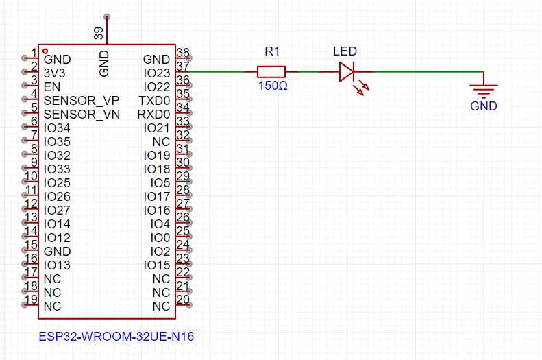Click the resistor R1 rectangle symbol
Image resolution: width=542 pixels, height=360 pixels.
(x=271, y=72)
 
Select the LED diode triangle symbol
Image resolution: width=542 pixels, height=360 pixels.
(x=346, y=72)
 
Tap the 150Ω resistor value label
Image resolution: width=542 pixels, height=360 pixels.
(x=273, y=86)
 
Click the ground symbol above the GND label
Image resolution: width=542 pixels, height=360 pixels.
(x=484, y=89)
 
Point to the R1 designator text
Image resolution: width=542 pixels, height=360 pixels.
(x=272, y=51)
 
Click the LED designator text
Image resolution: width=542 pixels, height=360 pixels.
(x=345, y=51)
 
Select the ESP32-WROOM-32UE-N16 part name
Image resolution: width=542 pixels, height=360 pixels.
(x=116, y=337)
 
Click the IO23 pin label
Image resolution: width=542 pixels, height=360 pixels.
(x=157, y=73)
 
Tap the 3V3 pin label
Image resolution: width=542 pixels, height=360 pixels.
(x=54, y=73)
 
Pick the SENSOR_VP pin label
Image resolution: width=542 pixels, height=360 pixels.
(x=82, y=101)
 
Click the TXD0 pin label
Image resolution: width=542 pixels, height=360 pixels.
(x=154, y=101)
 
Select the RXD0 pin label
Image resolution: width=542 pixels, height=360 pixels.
(x=153, y=114)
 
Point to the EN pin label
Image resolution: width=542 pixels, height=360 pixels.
(x=52, y=87)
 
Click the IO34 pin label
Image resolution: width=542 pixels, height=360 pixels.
(x=57, y=128)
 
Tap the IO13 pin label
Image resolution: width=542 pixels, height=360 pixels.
(x=57, y=265)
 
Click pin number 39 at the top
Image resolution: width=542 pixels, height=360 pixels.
(x=99, y=34)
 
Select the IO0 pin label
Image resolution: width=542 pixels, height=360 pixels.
(x=160, y=237)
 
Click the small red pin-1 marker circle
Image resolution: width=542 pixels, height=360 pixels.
(x=45, y=51)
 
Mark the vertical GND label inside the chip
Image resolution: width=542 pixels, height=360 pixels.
(x=103, y=64)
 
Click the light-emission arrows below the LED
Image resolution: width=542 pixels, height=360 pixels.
(x=360, y=88)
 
